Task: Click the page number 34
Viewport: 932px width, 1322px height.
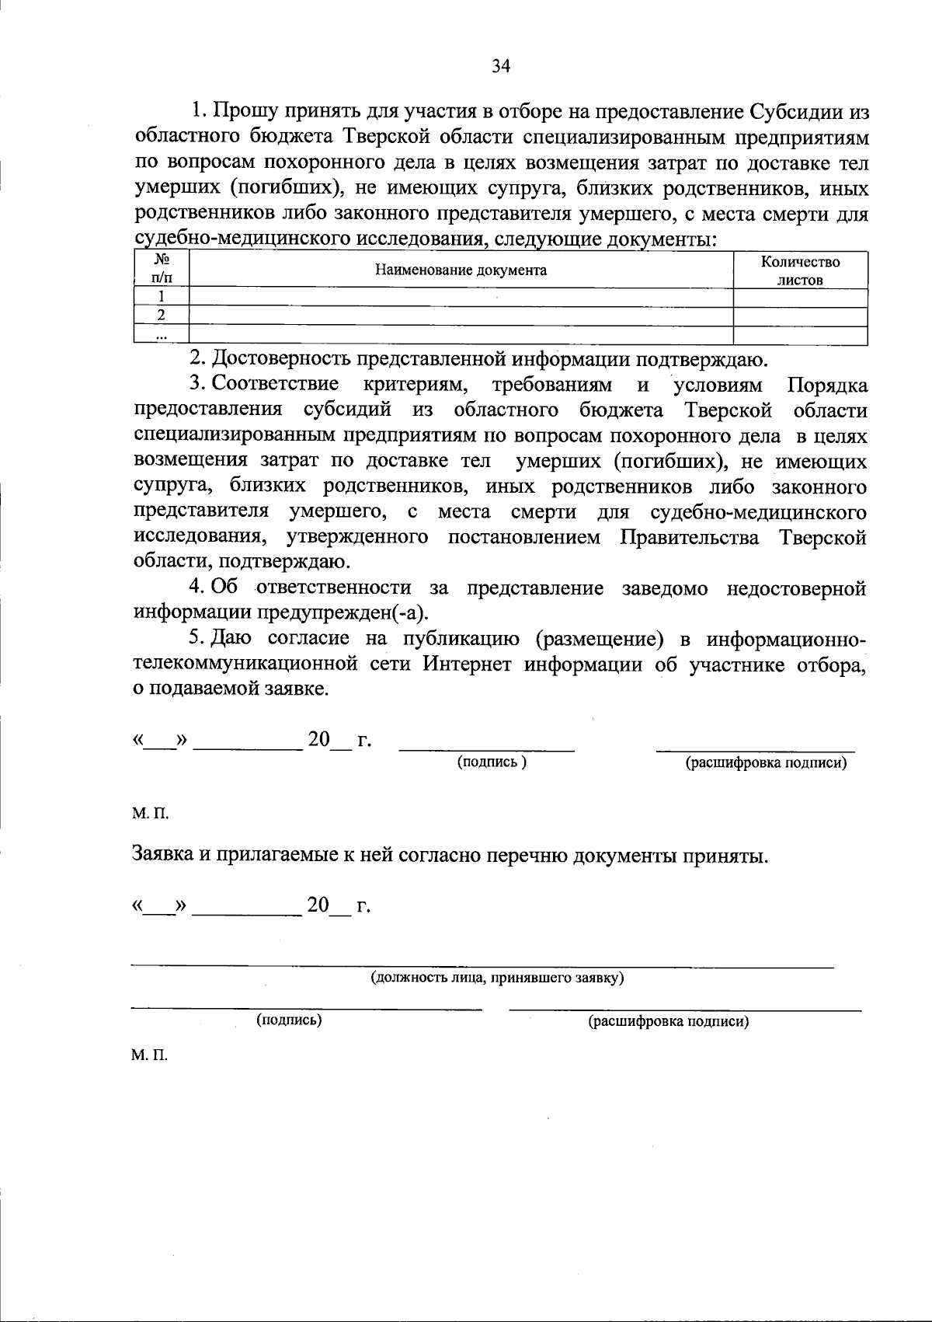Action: click(x=500, y=66)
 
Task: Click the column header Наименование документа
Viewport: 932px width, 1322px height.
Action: click(x=461, y=270)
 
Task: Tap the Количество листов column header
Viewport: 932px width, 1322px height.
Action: click(x=800, y=271)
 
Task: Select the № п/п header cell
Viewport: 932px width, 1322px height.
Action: click(x=162, y=268)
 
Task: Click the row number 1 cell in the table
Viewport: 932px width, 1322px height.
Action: click(x=162, y=297)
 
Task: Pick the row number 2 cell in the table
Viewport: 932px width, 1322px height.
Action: click(x=162, y=316)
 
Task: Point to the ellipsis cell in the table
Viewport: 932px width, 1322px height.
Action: click(x=162, y=336)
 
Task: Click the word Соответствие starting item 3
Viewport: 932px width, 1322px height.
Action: click(x=274, y=385)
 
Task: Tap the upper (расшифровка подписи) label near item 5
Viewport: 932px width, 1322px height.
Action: click(x=765, y=764)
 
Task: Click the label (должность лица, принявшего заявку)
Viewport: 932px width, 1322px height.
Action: click(x=498, y=978)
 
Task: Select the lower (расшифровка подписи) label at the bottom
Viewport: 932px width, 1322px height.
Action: click(x=669, y=1022)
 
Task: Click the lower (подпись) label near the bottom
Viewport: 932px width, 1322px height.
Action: click(x=289, y=1020)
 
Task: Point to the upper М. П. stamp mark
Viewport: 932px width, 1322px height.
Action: click(x=150, y=814)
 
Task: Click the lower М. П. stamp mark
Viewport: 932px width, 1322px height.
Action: click(x=150, y=1056)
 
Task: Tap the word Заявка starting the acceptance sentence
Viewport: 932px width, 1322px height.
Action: click(x=163, y=856)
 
